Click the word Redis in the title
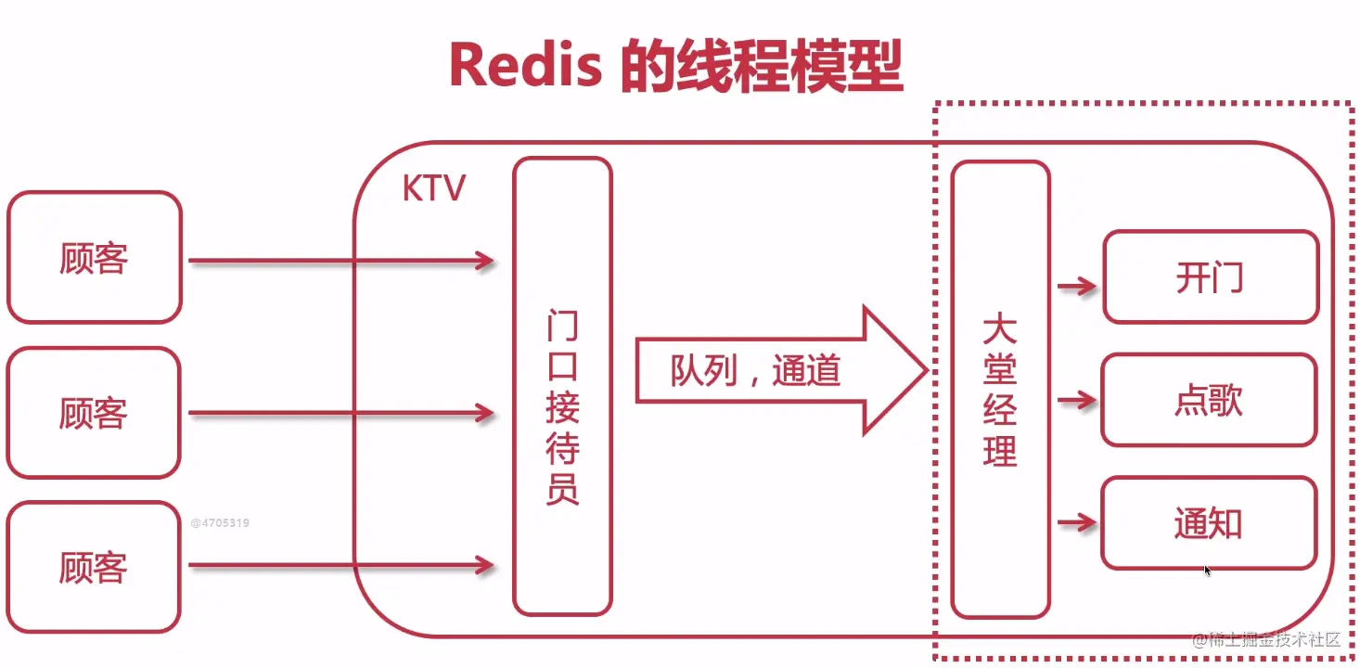[525, 67]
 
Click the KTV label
[433, 189]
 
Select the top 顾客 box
[94, 258]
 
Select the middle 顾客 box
[94, 413]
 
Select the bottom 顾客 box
[94, 567]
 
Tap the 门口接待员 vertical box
[562, 386]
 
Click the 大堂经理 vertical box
[1000, 390]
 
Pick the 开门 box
[1210, 277]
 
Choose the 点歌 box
[1208, 400]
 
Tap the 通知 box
[1208, 523]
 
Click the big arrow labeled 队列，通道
[779, 371]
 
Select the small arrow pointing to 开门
[1076, 286]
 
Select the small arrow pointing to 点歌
[1076, 401]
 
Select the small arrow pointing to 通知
[1076, 523]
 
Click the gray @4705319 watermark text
[220, 523]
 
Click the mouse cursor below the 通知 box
[1208, 571]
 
